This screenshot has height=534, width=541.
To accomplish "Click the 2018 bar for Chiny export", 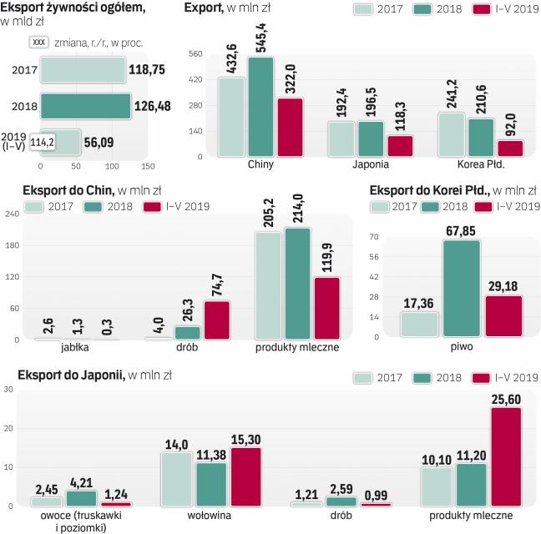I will pos(261,107).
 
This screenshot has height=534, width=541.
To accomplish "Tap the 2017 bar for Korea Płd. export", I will pos(451,134).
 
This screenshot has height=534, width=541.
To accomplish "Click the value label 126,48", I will pos(154,106).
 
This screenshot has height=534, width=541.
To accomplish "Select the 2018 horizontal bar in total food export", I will pos(85,106).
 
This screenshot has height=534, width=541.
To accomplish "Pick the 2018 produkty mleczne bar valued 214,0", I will pos(296,284).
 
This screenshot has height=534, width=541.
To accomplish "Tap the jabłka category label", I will pos(61,347).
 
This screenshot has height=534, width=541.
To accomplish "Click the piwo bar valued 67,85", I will pos(461,289).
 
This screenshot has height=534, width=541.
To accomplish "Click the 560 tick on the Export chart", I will pos(196,54).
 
